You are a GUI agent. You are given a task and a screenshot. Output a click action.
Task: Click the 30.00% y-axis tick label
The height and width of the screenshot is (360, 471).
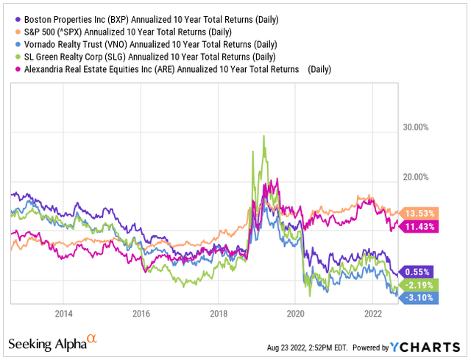(412, 127)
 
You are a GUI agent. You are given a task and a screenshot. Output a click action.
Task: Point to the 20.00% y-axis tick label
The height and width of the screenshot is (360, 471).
(412, 177)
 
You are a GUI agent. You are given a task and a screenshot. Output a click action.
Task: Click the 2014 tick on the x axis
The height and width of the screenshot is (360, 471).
(63, 313)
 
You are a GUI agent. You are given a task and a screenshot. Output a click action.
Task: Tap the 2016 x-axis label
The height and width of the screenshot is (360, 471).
(141, 313)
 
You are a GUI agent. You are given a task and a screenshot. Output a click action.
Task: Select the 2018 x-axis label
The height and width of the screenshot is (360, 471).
(218, 313)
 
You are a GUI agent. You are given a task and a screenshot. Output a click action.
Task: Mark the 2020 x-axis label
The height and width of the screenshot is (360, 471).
(295, 313)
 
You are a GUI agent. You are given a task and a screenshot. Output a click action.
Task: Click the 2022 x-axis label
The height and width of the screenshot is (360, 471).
(372, 313)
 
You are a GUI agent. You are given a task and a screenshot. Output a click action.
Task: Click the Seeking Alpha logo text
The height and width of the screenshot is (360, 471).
(52, 344)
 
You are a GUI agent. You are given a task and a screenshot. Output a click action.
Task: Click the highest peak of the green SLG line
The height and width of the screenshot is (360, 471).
(263, 136)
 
